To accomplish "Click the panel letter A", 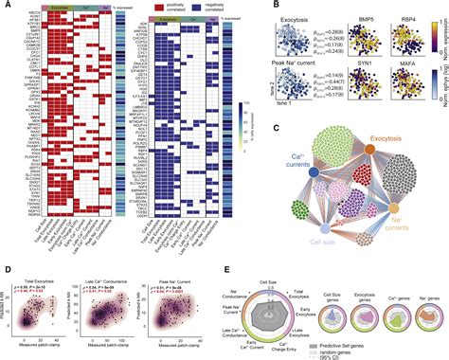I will [6, 6].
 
